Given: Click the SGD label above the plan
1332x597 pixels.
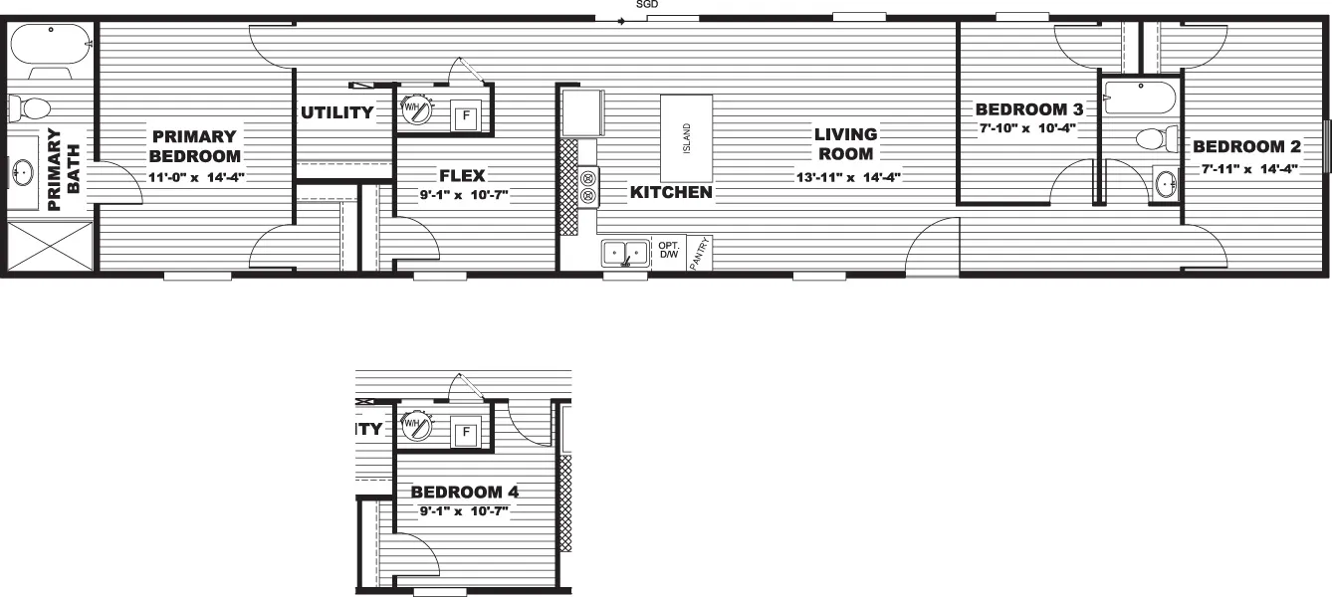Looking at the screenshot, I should [647, 5].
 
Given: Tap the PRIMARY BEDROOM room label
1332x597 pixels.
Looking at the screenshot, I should [196, 145].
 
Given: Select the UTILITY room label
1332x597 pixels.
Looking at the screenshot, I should [337, 112].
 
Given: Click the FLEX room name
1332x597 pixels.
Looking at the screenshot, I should [462, 176].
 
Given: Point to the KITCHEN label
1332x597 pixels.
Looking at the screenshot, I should [671, 192].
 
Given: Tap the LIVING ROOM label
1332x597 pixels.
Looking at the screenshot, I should [845, 143].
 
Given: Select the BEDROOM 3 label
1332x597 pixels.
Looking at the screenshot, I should [1028, 108].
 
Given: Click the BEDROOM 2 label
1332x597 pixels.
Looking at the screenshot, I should [1247, 147].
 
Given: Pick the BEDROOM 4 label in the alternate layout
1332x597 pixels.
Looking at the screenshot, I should [465, 492].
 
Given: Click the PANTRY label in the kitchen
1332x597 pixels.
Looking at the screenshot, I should [702, 254].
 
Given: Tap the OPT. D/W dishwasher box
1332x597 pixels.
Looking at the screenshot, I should [668, 252].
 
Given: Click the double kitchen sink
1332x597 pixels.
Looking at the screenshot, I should [625, 253].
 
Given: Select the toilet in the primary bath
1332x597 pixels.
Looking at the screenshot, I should [32, 105].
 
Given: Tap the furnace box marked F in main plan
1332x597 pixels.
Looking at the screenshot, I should [465, 116].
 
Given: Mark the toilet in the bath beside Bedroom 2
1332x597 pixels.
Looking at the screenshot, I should [1155, 137].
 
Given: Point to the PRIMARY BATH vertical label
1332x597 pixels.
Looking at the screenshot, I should [64, 169].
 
